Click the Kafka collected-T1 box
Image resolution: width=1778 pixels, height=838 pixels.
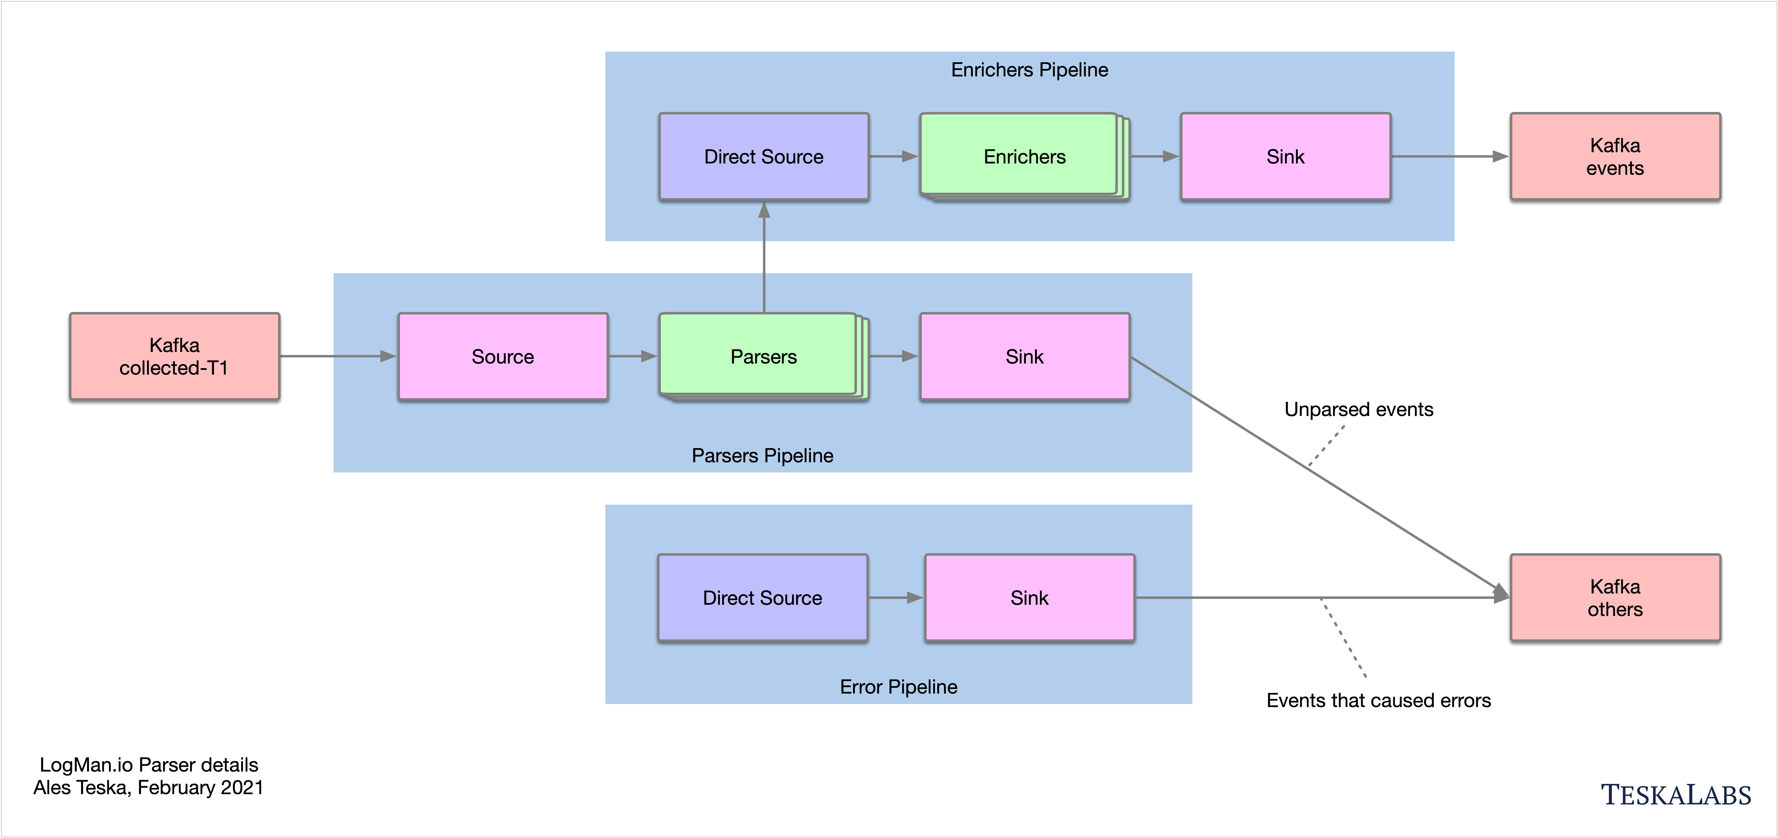click(175, 356)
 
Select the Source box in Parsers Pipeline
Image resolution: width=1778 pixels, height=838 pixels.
click(503, 356)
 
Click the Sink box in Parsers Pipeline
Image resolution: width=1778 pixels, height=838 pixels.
click(1025, 356)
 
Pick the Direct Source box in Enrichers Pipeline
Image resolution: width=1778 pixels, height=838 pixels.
click(764, 157)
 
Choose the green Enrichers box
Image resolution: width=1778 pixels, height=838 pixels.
click(1025, 157)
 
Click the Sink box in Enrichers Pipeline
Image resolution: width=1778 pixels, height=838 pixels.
click(1286, 157)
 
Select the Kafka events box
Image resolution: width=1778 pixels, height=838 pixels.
click(1615, 157)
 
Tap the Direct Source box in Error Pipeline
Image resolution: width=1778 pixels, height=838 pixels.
click(763, 598)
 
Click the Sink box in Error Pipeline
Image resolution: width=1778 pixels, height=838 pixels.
click(1030, 598)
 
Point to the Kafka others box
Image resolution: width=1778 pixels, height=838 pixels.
click(1615, 598)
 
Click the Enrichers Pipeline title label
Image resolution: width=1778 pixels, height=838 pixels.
click(1030, 70)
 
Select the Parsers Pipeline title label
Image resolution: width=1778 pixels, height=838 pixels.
click(763, 456)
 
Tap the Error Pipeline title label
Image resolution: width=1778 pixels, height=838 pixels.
click(899, 687)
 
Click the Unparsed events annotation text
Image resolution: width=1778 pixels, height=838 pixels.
click(1359, 409)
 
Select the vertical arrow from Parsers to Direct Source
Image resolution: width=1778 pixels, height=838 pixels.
click(764, 257)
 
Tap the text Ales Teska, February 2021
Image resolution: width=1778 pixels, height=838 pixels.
click(148, 788)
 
